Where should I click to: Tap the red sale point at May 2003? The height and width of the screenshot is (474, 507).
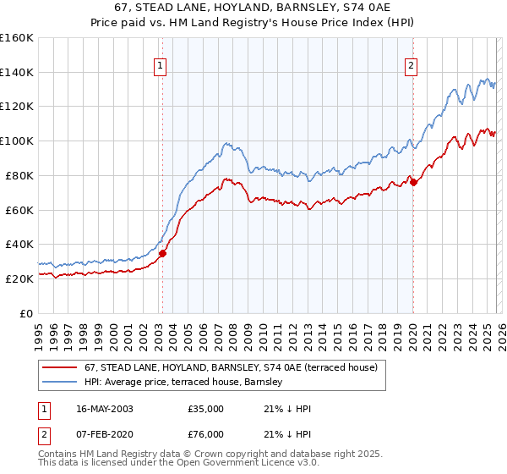(x=163, y=252)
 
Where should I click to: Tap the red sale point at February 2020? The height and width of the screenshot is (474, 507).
(x=413, y=182)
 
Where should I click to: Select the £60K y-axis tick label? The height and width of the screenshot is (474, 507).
(x=19, y=210)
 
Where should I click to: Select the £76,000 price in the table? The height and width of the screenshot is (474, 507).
(x=205, y=434)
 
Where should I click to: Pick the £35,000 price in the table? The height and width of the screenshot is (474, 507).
(x=205, y=409)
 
